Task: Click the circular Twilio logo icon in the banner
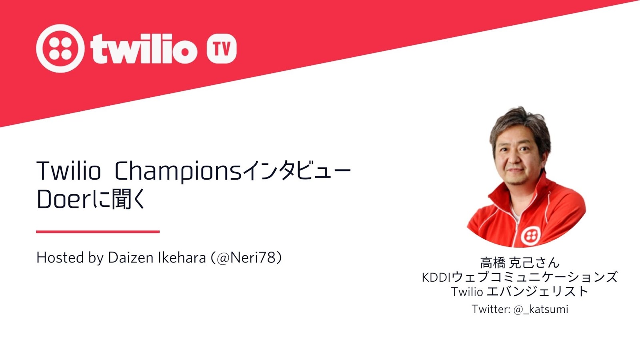pos(60,48)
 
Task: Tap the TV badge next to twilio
pos(222,48)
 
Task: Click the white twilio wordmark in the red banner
pos(144,48)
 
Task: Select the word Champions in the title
pos(178,171)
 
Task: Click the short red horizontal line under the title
pos(98,232)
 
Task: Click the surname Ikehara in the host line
pos(182,258)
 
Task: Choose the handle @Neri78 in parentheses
pos(246,258)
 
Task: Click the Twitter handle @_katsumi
pos(540,310)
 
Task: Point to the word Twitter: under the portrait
pos(491,309)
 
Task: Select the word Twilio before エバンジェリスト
pos(467,292)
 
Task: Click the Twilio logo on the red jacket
pos(531,236)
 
